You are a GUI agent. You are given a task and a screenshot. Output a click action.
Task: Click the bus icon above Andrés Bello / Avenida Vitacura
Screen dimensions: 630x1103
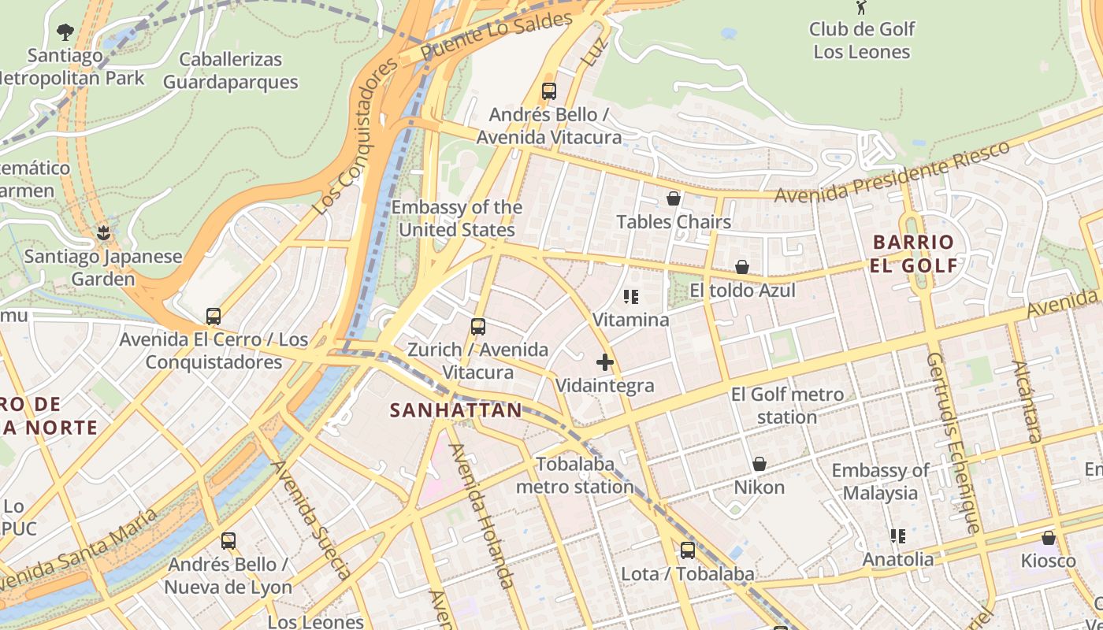pos(549,91)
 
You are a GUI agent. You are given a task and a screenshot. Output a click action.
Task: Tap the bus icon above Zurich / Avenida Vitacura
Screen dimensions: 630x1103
pos(477,326)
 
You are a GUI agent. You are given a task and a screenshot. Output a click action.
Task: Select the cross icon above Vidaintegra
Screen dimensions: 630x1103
pos(605,362)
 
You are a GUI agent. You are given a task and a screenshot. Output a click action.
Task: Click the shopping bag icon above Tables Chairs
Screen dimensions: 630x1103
pos(674,198)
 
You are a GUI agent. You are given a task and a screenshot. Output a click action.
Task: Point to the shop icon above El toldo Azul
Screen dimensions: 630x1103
pos(742,268)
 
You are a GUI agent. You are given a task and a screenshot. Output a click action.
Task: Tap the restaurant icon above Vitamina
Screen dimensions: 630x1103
pos(631,297)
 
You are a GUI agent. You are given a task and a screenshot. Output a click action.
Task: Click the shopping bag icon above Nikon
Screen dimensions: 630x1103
pos(759,464)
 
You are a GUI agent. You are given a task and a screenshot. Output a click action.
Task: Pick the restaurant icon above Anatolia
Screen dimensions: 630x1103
pos(898,536)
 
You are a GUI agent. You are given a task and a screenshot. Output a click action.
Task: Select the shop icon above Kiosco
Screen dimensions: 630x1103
pos(1048,538)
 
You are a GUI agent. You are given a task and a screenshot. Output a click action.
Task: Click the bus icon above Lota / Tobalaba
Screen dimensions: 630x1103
pos(688,550)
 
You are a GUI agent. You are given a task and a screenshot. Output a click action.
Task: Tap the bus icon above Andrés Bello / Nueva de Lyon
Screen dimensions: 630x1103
pos(228,541)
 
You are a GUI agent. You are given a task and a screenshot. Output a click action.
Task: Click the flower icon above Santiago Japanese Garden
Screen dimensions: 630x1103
pos(102,232)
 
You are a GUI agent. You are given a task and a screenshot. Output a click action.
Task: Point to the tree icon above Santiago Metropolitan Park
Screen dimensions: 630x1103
pos(65,32)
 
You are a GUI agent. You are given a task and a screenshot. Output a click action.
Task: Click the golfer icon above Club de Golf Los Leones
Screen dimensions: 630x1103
pos(861,8)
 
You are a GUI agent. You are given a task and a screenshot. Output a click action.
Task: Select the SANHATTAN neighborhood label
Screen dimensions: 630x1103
pos(456,410)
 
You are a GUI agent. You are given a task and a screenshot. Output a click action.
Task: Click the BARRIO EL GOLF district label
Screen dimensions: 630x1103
pos(914,254)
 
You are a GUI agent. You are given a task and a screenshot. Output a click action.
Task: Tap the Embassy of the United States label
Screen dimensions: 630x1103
pos(457,219)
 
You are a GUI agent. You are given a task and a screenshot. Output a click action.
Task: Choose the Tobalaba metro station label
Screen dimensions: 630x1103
pos(575,476)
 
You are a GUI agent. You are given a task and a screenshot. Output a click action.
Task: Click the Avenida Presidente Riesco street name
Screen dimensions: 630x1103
pos(892,172)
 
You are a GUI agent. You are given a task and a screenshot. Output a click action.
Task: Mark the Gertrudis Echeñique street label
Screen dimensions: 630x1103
pos(953,441)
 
